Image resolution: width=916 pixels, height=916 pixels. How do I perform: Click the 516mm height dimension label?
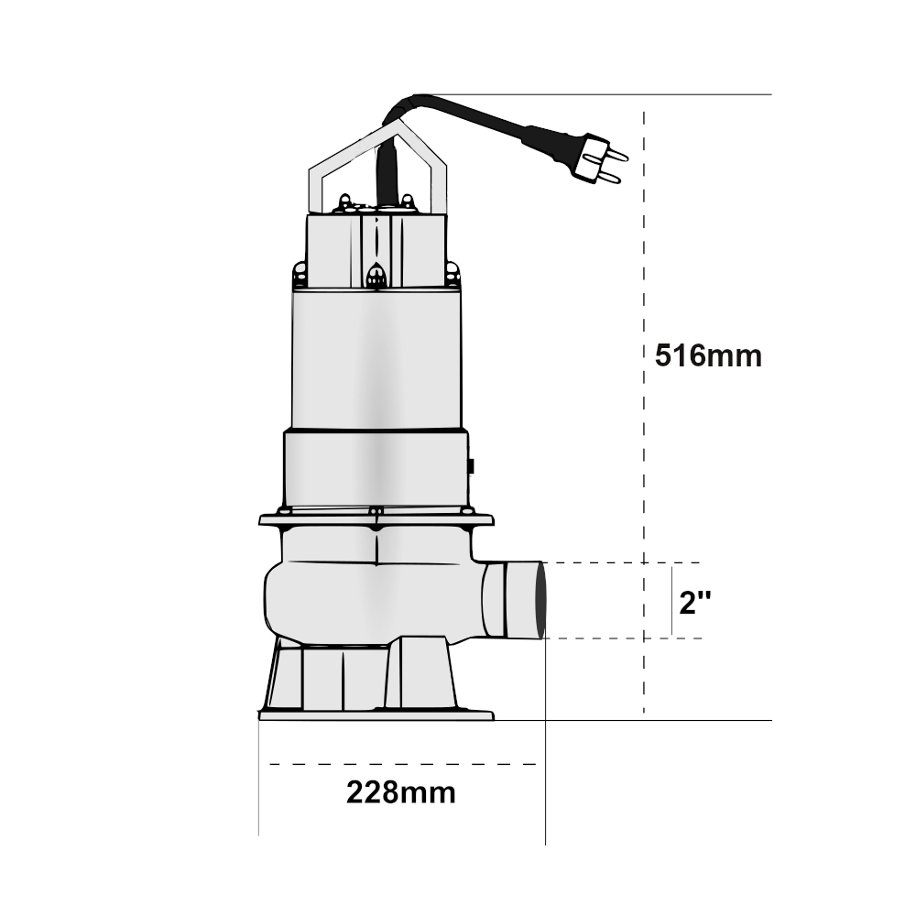pyautogui.click(x=708, y=355)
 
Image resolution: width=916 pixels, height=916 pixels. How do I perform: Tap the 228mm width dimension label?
pyautogui.click(x=401, y=792)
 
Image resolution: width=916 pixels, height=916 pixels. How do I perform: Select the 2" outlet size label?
pyautogui.click(x=695, y=602)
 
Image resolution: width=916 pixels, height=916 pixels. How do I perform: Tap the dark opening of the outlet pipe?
pyautogui.click(x=541, y=600)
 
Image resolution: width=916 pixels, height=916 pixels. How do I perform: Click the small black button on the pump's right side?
pyautogui.click(x=470, y=466)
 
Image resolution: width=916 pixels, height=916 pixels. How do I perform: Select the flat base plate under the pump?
pyautogui.click(x=376, y=715)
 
